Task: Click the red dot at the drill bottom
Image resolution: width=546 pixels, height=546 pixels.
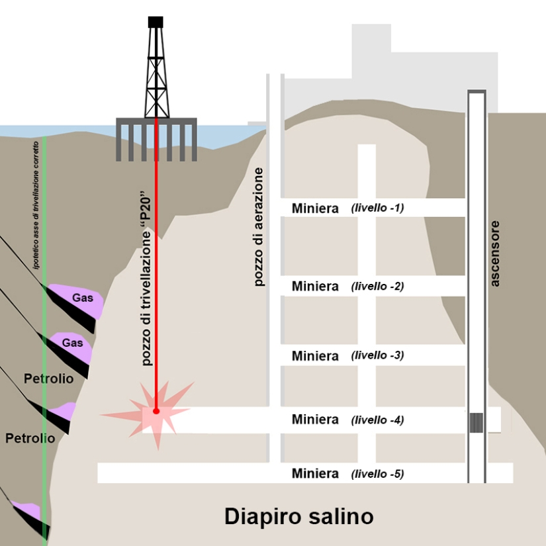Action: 156,411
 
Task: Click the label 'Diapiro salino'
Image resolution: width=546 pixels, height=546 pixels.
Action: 298,516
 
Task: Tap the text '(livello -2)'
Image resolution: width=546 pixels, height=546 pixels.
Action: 377,287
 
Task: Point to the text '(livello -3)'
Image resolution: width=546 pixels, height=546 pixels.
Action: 377,355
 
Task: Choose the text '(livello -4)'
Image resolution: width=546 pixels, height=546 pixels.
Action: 377,420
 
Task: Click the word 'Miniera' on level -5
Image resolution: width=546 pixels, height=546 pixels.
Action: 315,474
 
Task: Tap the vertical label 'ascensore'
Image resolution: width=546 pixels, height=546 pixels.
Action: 495,253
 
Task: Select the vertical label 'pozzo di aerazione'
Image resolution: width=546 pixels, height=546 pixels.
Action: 259,227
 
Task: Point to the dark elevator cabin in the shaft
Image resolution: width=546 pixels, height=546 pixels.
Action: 477,422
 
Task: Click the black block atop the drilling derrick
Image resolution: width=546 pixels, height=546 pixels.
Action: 156,22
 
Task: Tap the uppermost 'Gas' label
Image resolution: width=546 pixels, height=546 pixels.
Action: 83,298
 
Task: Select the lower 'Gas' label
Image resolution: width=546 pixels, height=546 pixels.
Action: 73,343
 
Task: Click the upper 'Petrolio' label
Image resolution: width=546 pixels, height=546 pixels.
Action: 48,379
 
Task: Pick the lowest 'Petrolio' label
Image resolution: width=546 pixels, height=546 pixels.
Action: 30,438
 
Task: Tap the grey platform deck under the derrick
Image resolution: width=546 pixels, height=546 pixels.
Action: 156,122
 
